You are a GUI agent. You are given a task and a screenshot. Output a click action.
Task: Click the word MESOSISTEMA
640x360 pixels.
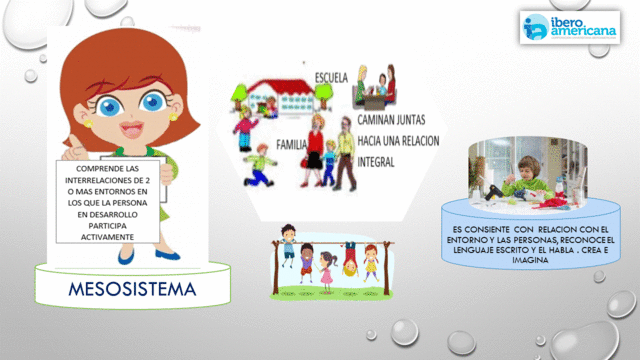click(131, 290)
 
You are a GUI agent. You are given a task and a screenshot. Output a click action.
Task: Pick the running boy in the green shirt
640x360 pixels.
click(262, 160)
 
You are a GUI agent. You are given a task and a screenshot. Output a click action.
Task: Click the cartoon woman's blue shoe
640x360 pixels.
click(124, 257)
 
